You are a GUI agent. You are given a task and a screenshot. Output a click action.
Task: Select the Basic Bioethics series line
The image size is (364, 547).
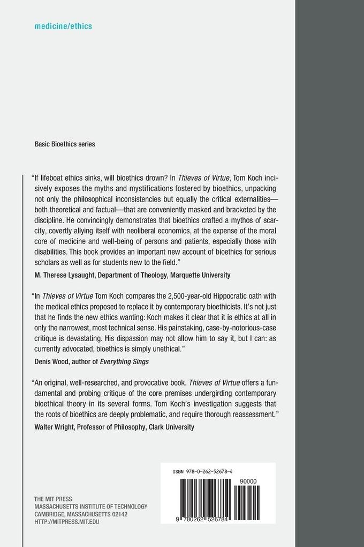[x=65, y=144]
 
